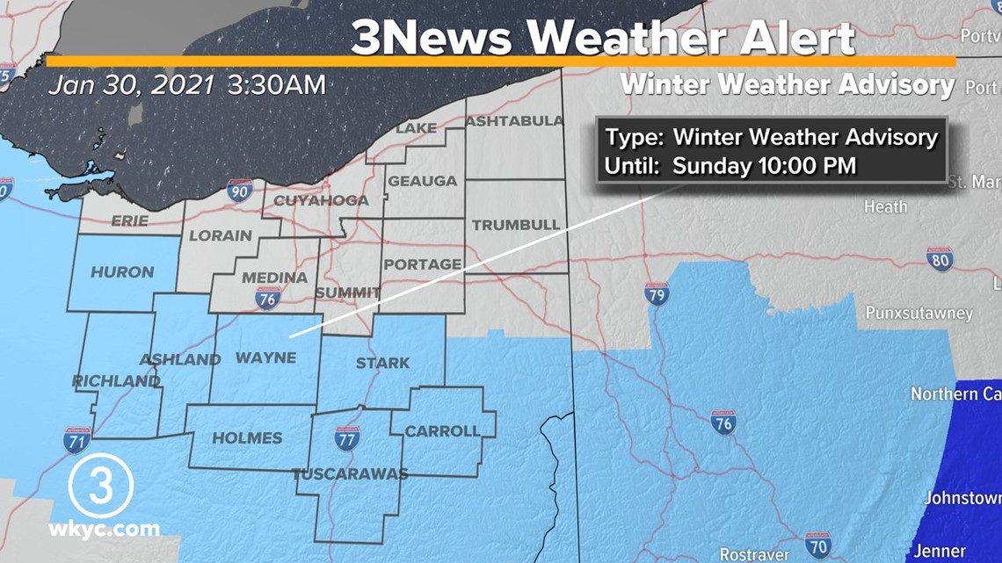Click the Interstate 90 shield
(x=240, y=191)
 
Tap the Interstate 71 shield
(x=76, y=440)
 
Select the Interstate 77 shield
(x=347, y=437)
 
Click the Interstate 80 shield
(x=940, y=259)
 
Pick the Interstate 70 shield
(x=817, y=545)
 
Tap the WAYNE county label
(x=265, y=357)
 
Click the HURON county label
(x=122, y=271)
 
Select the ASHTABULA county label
(x=514, y=120)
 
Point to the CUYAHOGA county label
(x=321, y=201)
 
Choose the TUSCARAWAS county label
(x=350, y=474)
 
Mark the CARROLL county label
(x=442, y=431)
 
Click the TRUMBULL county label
(x=516, y=225)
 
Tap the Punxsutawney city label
(x=918, y=314)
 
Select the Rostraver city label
(x=753, y=554)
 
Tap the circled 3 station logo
(x=100, y=486)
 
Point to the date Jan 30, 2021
(x=132, y=85)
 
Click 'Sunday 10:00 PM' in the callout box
(x=764, y=165)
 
